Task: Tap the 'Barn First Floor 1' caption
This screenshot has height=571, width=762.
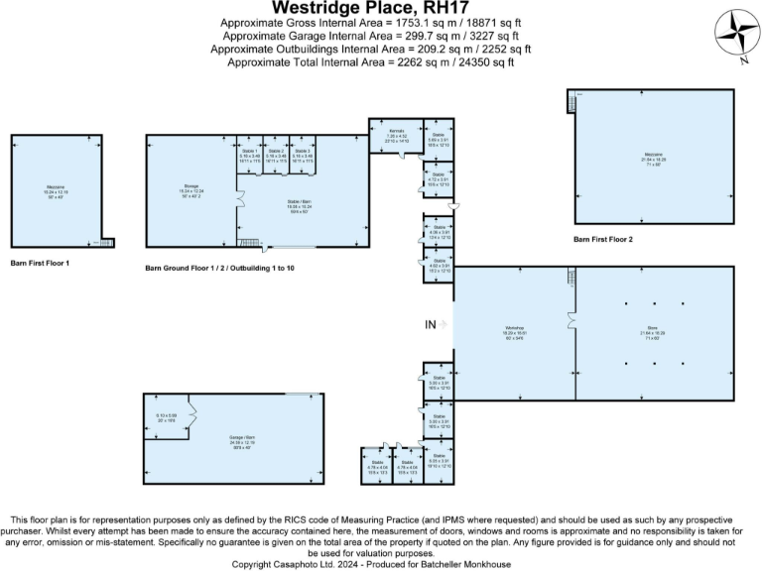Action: [40, 264]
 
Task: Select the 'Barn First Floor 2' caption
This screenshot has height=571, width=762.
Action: [603, 240]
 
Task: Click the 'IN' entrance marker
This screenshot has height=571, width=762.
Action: [431, 324]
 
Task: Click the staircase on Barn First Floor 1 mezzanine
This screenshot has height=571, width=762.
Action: [107, 242]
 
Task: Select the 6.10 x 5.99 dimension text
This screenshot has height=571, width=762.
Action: [166, 415]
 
